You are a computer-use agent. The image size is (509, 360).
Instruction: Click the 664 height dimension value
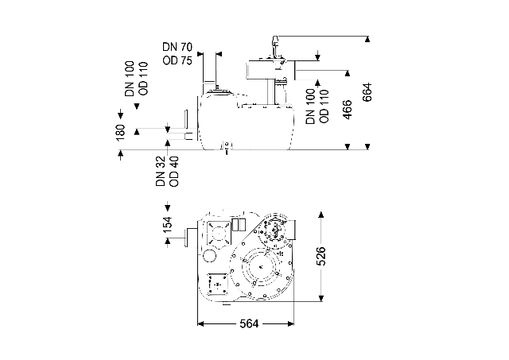pyautogui.click(x=367, y=92)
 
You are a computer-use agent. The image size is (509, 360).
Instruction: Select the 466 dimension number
pyautogui.click(x=347, y=110)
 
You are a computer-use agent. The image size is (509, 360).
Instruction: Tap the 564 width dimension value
pyautogui.click(x=249, y=323)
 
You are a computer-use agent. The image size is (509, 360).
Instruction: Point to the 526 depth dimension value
pyautogui.click(x=321, y=256)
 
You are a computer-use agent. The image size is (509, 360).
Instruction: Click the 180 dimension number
pyautogui.click(x=120, y=133)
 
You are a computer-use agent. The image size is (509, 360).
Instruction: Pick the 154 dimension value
pyautogui.click(x=168, y=224)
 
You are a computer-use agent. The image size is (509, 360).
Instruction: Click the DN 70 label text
pyautogui.click(x=177, y=47)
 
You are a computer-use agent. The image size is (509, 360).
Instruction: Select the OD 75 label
pyautogui.click(x=177, y=60)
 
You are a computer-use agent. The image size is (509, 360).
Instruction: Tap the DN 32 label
pyautogui.click(x=161, y=171)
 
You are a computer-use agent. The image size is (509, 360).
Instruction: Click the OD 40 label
pyautogui.click(x=174, y=171)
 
